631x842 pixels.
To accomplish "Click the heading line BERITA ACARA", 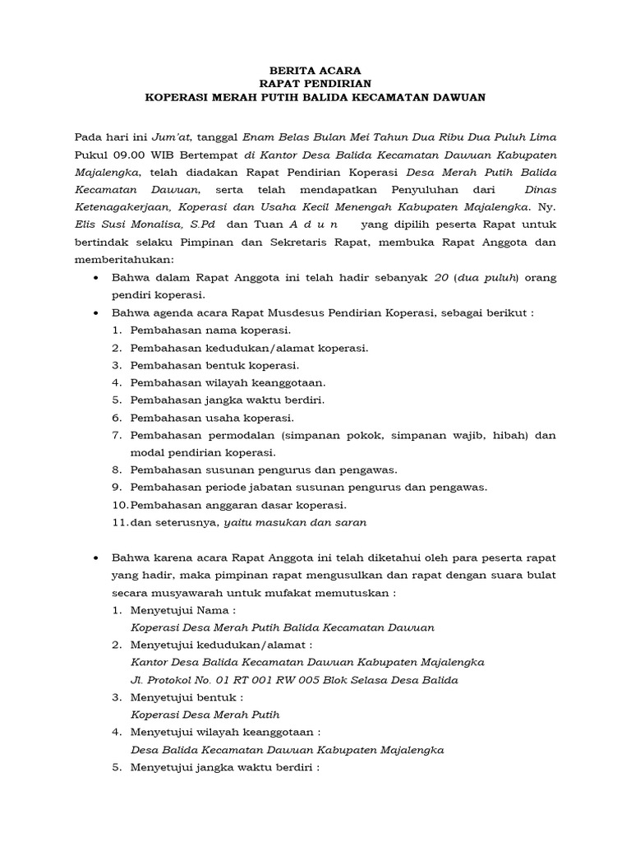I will pos(315,71).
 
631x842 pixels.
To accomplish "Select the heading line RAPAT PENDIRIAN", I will pos(315,84).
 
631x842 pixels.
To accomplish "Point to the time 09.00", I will pos(122,154).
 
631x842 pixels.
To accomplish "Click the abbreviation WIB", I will pos(155,154).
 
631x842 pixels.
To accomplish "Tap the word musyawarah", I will pos(192,592).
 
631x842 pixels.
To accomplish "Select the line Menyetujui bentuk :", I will pos(187,697).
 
